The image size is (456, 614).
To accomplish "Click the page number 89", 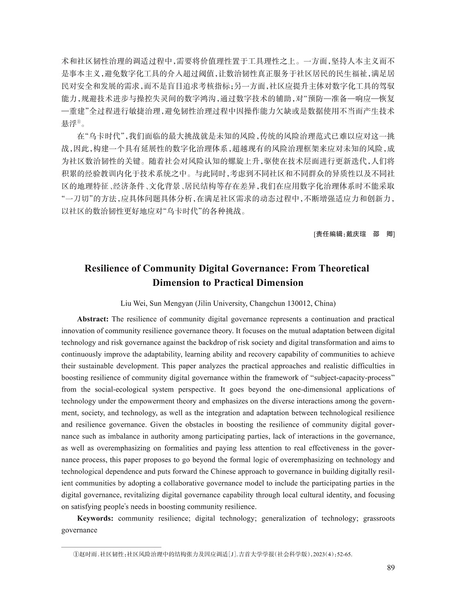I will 390,568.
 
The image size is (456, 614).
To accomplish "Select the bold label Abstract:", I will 93,319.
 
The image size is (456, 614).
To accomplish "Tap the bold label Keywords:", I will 95,518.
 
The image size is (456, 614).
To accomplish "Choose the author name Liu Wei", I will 131,303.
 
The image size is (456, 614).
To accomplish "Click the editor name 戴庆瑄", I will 356,234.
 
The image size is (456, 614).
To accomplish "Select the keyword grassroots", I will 379,518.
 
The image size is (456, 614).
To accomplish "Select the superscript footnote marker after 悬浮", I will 78,121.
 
